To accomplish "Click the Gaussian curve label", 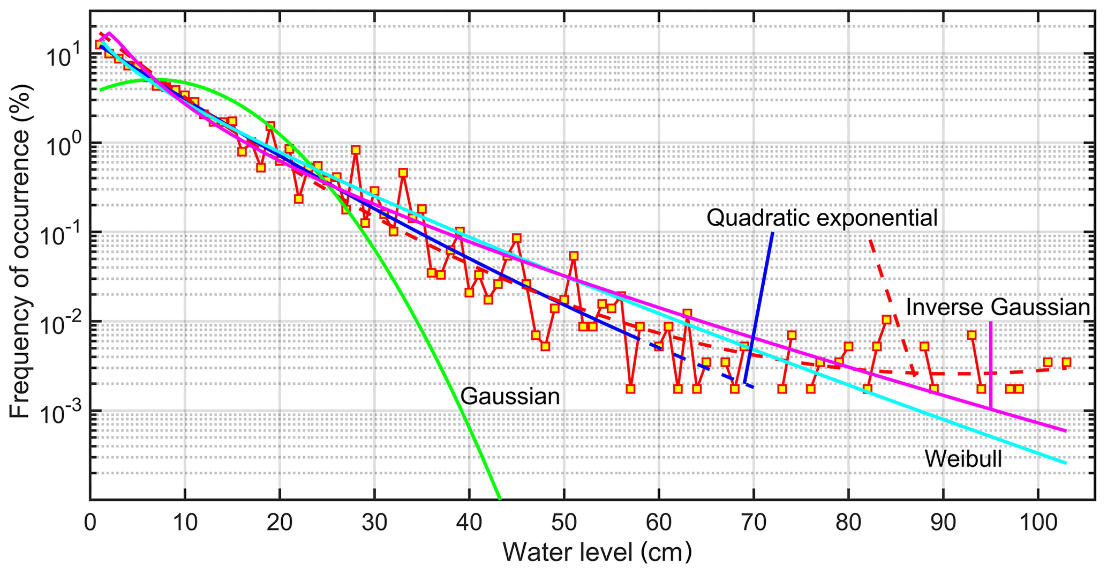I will [x=510, y=397].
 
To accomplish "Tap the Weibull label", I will [x=963, y=459].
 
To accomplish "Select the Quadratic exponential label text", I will [x=822, y=218].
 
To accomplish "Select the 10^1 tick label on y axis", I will [x=63, y=55].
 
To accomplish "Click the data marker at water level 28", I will [x=356, y=150].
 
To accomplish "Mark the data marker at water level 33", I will [x=403, y=173].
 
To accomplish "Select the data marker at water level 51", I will [x=574, y=256].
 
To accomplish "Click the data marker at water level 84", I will [x=886, y=319].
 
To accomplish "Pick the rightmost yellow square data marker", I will [x=1066, y=362].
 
